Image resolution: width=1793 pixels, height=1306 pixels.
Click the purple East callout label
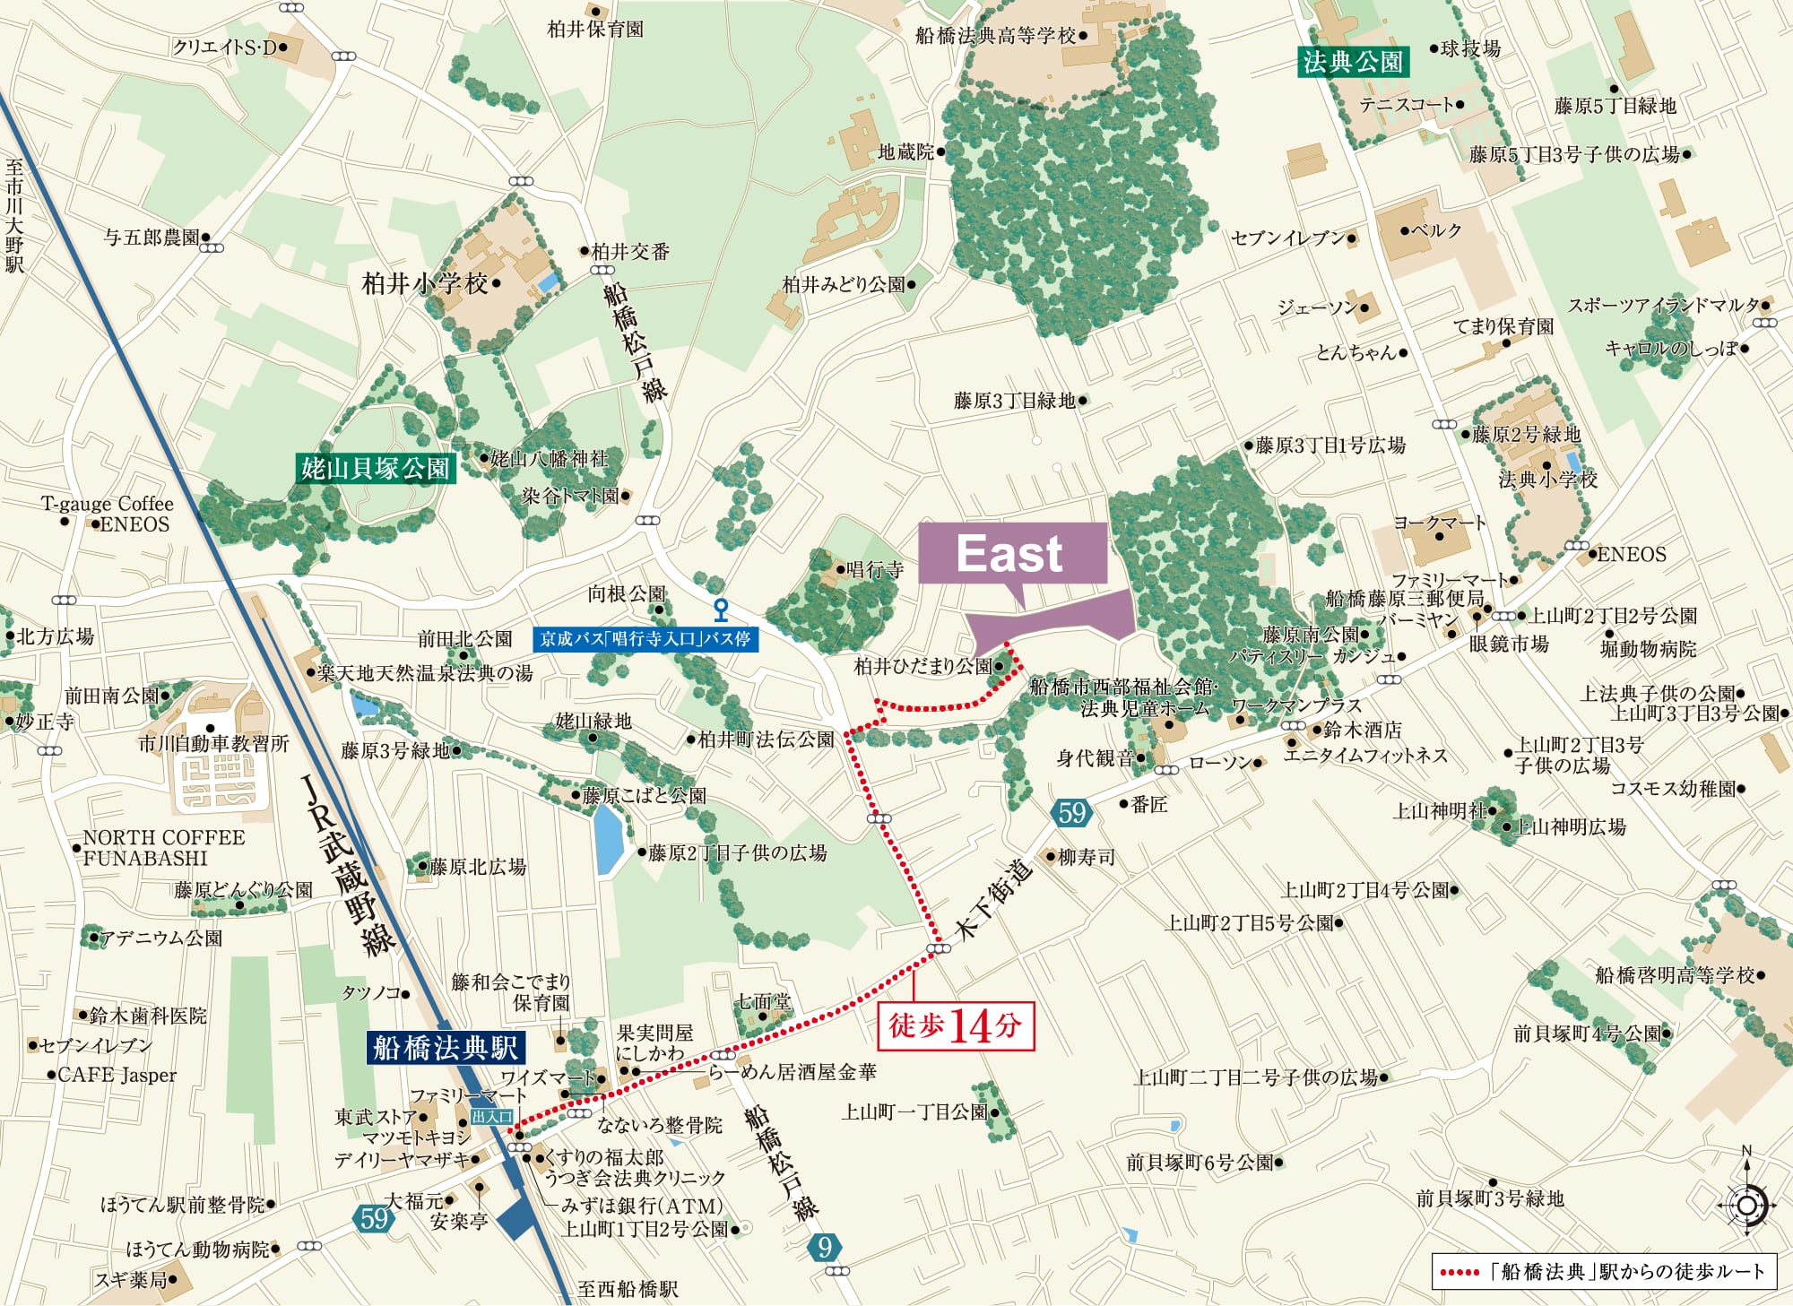pyautogui.click(x=1012, y=554)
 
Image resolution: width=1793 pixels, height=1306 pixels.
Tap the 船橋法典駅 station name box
pyautogui.click(x=446, y=1047)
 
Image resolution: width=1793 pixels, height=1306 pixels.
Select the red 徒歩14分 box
pyautogui.click(x=955, y=1025)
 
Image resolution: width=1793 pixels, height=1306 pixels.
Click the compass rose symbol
pyautogui.click(x=1745, y=1203)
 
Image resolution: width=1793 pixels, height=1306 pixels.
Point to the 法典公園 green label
pyautogui.click(x=1353, y=61)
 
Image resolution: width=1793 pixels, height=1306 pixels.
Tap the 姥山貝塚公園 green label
pyautogui.click(x=376, y=468)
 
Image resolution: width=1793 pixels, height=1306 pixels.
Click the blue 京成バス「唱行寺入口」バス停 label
pyautogui.click(x=645, y=638)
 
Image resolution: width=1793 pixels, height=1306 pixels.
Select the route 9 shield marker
pyautogui.click(x=825, y=1247)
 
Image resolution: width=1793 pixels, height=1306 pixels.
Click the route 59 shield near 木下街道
pyautogui.click(x=1070, y=813)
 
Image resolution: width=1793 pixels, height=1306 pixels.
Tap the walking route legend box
pyautogui.click(x=1603, y=1271)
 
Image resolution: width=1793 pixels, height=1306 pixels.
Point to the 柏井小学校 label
pyautogui.click(x=425, y=284)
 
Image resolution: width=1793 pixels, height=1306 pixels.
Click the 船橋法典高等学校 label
pyautogui.click(x=995, y=36)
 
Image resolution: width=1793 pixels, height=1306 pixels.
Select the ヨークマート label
pyautogui.click(x=1439, y=523)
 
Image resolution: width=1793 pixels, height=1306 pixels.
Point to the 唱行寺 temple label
pyautogui.click(x=874, y=569)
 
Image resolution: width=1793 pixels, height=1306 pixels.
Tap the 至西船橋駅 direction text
pyautogui.click(x=628, y=1289)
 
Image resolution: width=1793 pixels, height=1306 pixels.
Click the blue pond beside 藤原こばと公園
pyautogui.click(x=609, y=838)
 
